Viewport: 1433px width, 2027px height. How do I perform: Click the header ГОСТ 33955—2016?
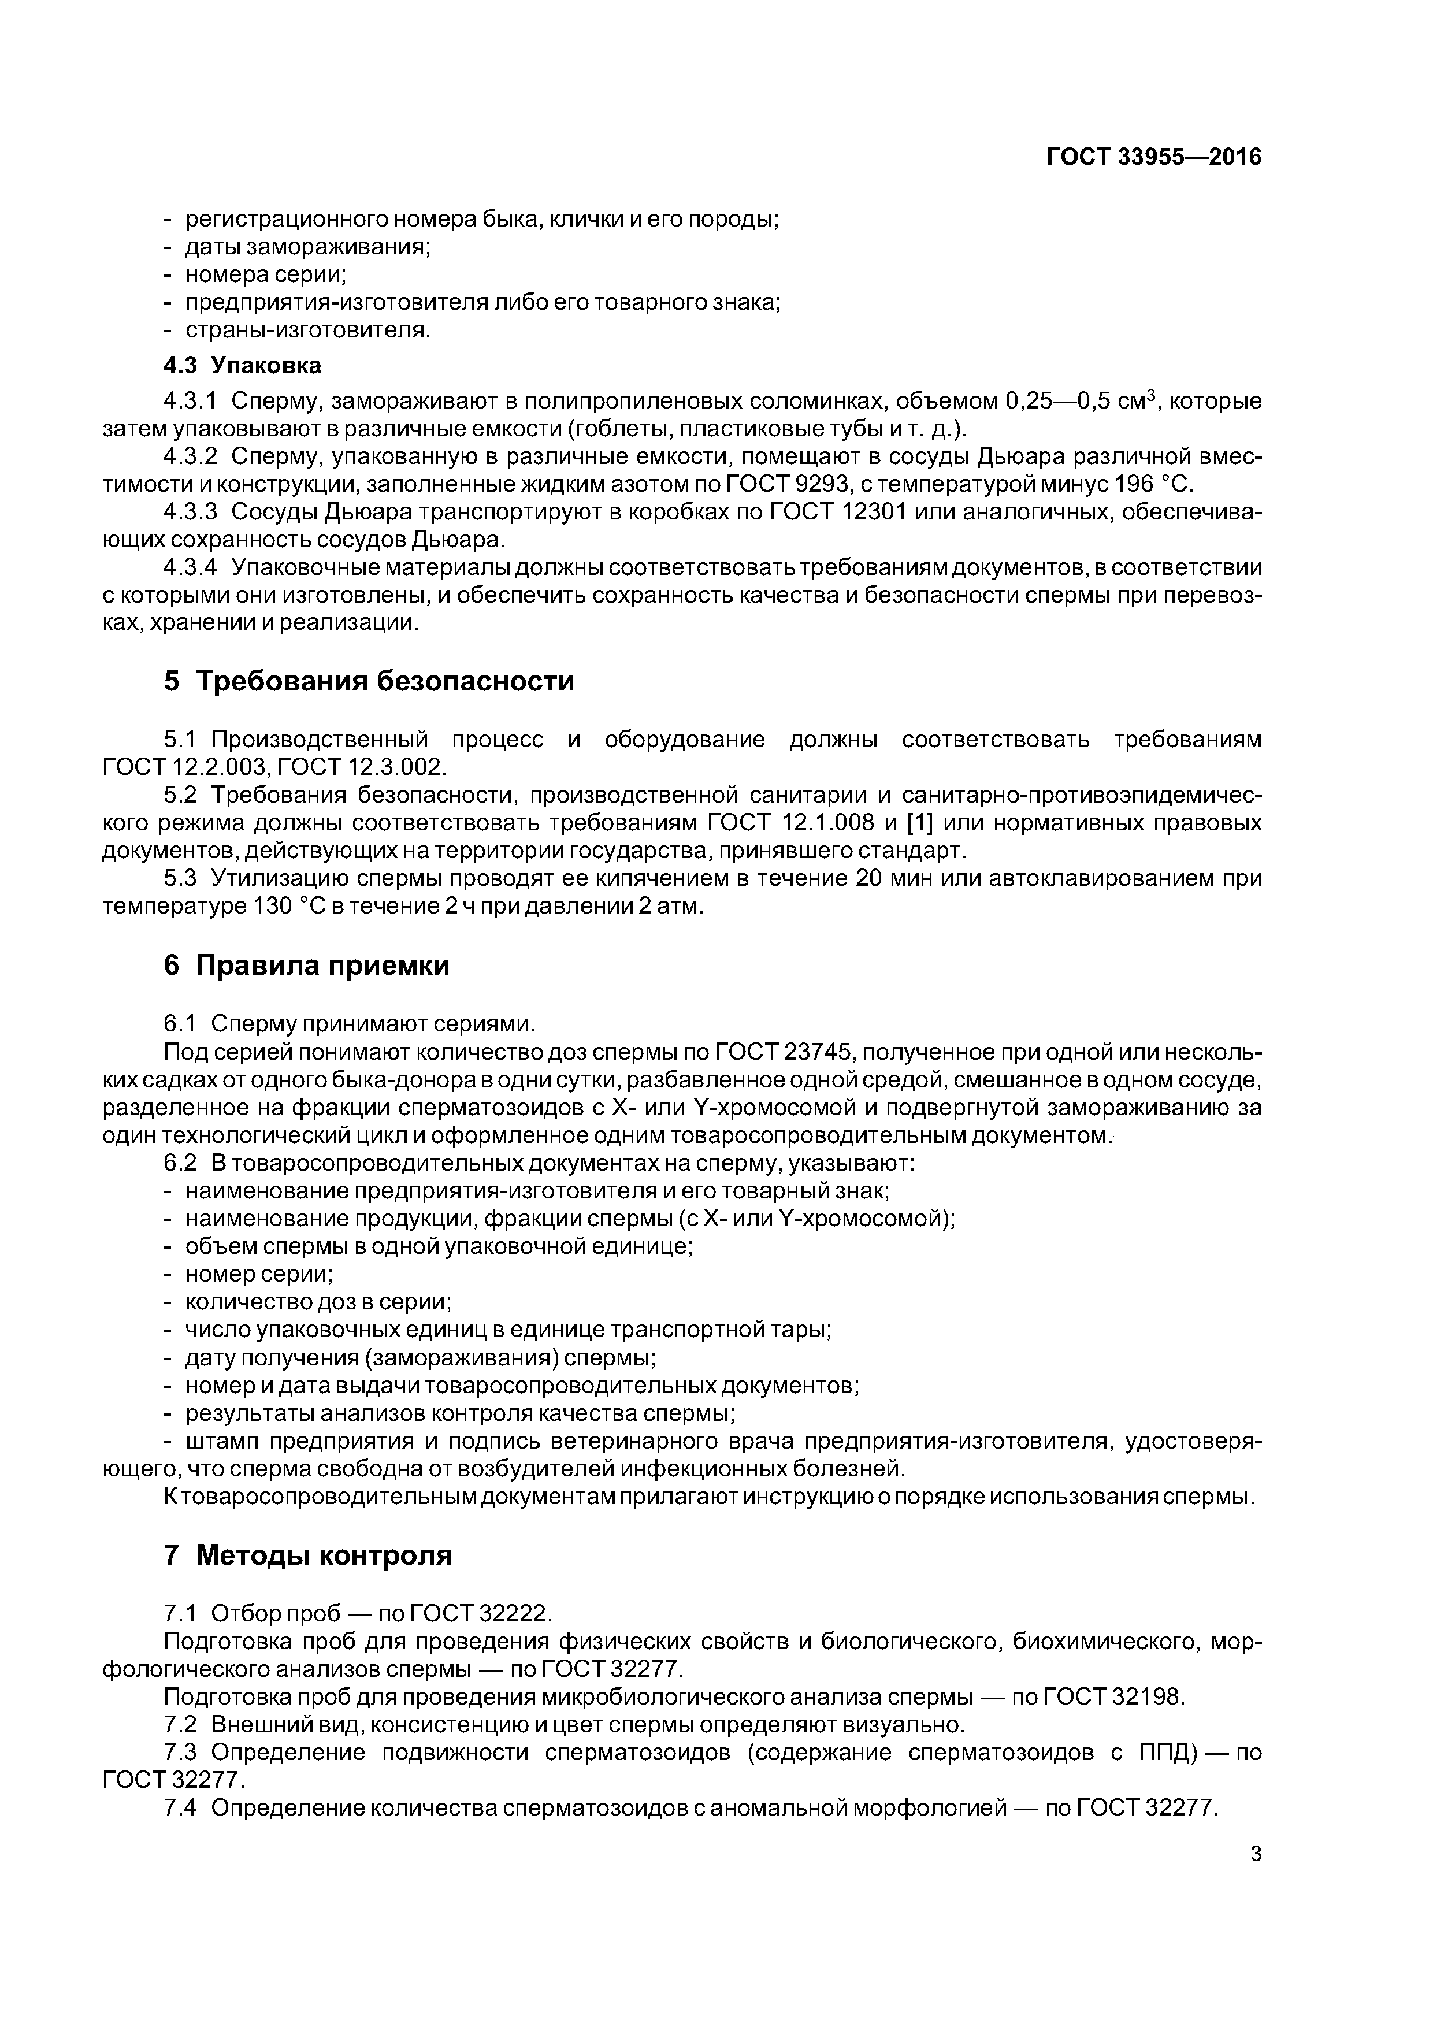pos(1153,157)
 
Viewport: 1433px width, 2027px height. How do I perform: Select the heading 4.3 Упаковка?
pos(242,366)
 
